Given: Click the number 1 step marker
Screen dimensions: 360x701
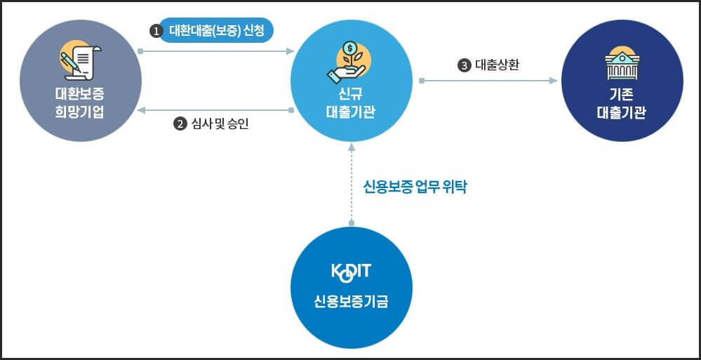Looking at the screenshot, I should [156, 31].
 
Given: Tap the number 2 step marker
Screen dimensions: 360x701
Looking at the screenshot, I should [180, 124].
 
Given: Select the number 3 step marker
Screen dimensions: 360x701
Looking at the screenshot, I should [464, 65].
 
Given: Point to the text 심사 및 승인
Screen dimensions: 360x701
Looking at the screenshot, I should [220, 124].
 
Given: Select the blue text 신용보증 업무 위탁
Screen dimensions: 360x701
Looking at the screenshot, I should [415, 187].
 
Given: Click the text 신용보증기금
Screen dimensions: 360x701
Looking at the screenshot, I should [351, 303].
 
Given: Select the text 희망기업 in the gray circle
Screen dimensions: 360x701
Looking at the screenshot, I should [79, 112].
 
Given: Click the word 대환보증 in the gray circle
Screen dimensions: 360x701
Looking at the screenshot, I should [79, 93].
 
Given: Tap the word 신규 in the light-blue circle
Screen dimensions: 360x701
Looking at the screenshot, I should [351, 93].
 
